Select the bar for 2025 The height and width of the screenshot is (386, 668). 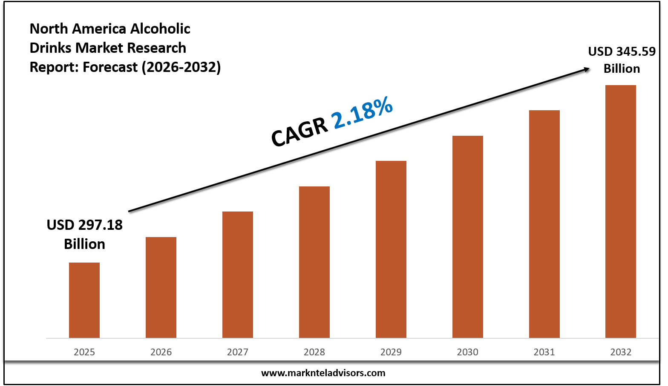click(x=84, y=300)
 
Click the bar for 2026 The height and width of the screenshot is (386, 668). click(x=161, y=287)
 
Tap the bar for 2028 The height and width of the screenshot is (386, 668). click(x=314, y=262)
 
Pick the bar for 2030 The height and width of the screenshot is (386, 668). click(x=468, y=237)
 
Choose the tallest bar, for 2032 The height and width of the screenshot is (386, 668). click(x=621, y=212)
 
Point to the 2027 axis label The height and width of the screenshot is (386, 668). click(x=238, y=352)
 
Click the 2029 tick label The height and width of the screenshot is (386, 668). click(x=391, y=352)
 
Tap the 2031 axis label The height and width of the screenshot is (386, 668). click(x=544, y=352)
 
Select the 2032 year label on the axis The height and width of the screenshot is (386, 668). click(x=621, y=352)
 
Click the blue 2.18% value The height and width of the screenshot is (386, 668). click(x=363, y=112)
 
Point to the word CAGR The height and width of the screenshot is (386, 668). click(x=300, y=132)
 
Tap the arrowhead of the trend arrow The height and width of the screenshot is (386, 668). click(x=587, y=69)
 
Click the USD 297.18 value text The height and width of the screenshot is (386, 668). click(x=84, y=225)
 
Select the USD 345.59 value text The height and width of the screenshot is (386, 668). click(x=622, y=51)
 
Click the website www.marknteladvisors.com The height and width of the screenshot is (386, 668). click(x=323, y=373)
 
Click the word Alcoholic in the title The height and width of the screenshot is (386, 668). click(x=160, y=29)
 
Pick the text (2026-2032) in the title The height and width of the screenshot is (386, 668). click(x=181, y=67)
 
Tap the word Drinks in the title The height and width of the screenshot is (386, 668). click(x=51, y=48)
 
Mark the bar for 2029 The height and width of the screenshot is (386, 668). click(x=391, y=249)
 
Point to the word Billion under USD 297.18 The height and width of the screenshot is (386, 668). click(x=84, y=244)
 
